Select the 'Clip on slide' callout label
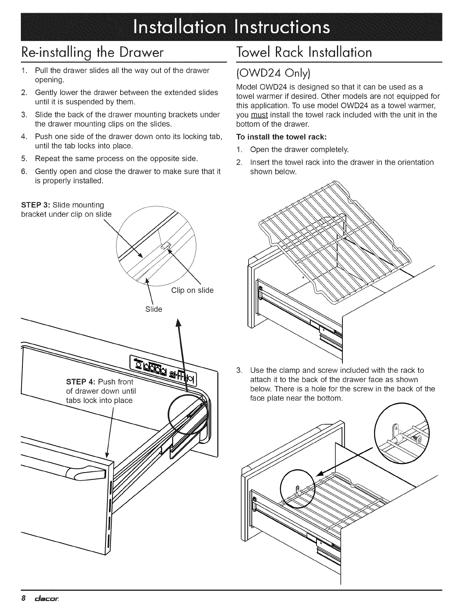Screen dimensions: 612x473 [x=192, y=290]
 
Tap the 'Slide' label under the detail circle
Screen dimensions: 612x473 [x=153, y=309]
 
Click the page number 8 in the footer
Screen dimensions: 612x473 [x=23, y=598]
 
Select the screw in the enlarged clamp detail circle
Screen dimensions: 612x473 [x=417, y=438]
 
